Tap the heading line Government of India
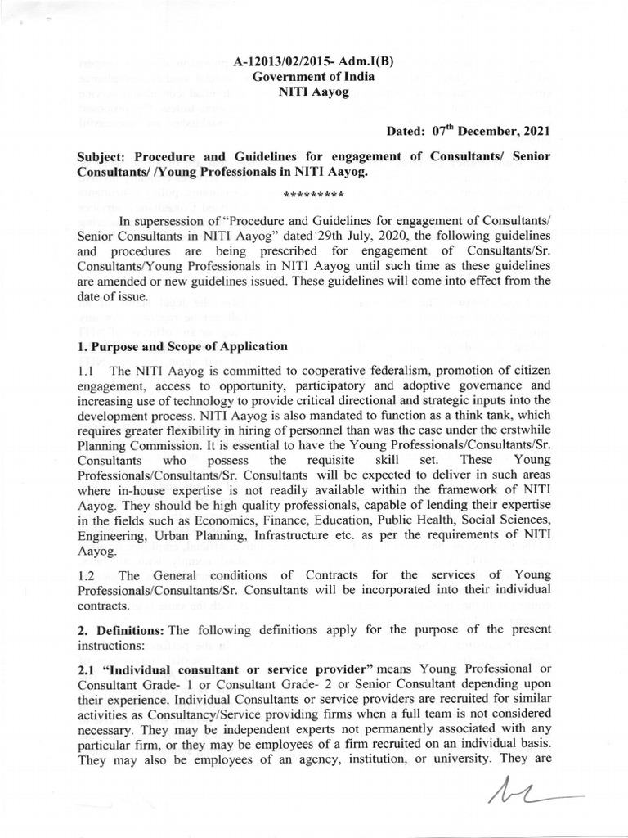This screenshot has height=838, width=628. tap(314, 77)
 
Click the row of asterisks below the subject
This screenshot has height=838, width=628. tap(313, 196)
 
